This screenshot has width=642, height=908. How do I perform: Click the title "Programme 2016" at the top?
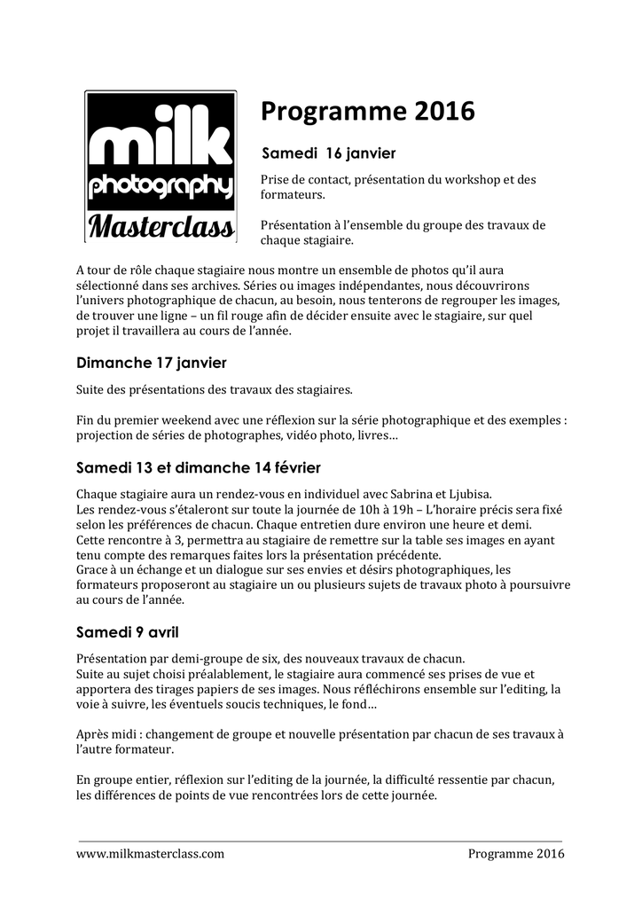367,112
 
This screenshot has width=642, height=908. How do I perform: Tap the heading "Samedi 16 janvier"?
327,154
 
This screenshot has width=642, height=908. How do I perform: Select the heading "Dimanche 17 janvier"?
151,363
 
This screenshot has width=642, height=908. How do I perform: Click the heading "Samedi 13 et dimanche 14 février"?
199,467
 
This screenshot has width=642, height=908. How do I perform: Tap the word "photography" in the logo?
160,187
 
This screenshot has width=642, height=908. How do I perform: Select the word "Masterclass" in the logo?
160,226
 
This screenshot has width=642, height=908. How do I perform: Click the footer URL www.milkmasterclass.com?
150,854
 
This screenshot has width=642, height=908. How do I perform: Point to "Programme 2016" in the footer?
516,854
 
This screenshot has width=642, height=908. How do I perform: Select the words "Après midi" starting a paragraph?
108,734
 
